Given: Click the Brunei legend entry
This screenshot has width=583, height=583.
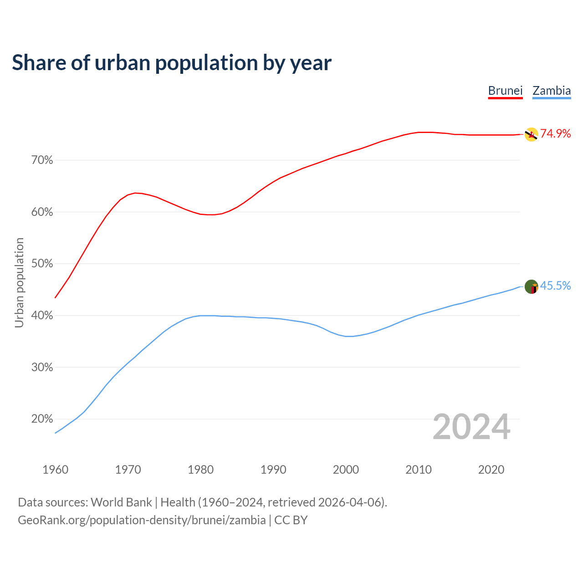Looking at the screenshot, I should coord(505,91).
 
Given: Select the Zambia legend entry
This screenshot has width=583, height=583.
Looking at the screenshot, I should coord(552,91).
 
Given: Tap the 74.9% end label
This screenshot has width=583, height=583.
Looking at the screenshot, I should coord(555,133).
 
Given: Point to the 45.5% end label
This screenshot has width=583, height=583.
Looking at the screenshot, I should coord(555,286).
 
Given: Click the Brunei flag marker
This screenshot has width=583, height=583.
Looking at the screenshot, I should coord(531,134).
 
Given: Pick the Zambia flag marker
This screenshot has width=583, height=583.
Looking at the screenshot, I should coord(531,287).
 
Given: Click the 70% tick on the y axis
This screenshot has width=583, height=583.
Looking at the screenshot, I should coord(42,160).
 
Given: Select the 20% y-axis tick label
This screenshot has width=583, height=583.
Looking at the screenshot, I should coord(42,419).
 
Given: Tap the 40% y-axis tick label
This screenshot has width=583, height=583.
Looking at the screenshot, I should coord(42,316).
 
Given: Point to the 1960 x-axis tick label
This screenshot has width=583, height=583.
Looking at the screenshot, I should coord(56,470).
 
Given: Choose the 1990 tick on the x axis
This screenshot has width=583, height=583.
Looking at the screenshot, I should coord(273,470).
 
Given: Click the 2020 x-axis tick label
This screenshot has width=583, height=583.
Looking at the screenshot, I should coord(491,470).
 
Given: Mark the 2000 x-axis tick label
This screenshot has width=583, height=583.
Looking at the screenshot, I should coord(346,470).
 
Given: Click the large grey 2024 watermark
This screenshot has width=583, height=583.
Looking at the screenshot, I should coord(471,427).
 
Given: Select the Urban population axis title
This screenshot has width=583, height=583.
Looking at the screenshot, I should coord(19,282).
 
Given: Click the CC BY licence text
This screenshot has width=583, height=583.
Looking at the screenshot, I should coord(291,520).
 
